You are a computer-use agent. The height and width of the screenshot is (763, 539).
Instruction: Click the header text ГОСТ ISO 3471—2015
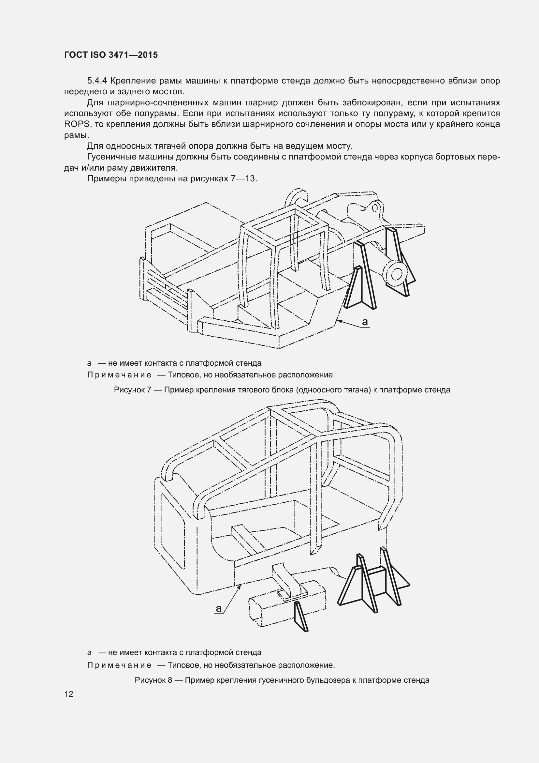click(111, 55)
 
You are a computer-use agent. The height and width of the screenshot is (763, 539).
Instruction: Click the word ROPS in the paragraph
click(77, 124)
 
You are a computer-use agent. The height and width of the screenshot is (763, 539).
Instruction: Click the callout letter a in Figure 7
click(365, 322)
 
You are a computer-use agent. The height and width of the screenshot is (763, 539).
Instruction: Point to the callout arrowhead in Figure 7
click(337, 321)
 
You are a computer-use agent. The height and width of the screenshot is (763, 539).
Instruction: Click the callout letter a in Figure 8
click(219, 608)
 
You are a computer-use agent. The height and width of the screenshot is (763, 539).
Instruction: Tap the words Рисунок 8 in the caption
click(153, 680)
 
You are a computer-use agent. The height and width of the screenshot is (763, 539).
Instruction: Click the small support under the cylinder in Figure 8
click(301, 616)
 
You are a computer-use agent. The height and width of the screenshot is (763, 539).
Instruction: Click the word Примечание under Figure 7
click(119, 375)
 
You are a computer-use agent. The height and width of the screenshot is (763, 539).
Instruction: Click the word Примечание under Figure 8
click(119, 665)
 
